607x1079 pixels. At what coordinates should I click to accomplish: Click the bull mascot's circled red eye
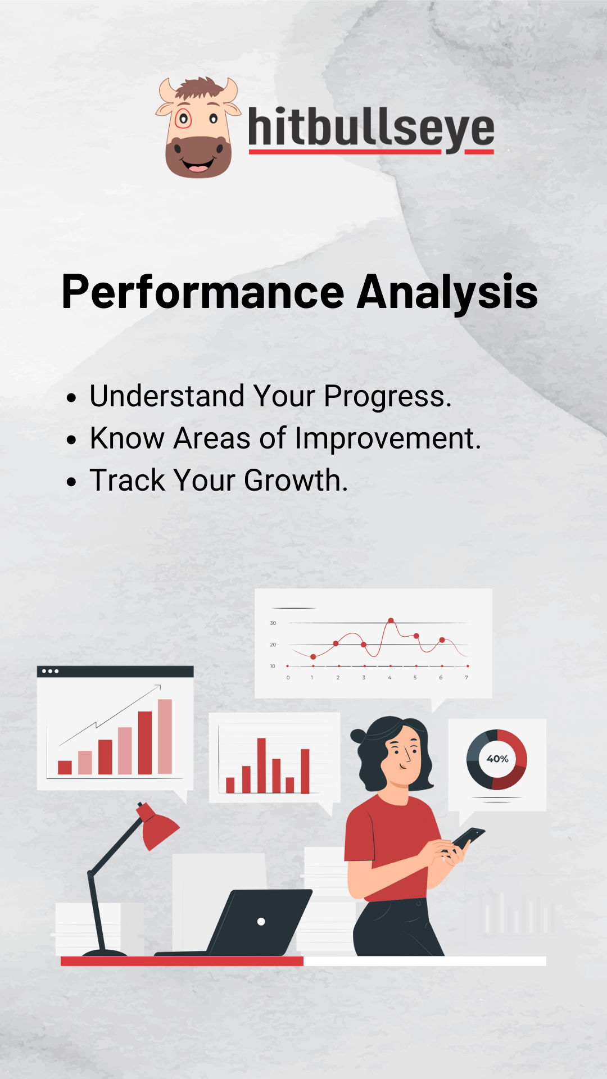pos(183,119)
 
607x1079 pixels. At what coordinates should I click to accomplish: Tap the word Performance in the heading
pos(203,293)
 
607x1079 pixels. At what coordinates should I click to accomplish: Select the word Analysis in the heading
pos(447,293)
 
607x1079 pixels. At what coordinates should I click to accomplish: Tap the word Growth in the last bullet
pos(296,480)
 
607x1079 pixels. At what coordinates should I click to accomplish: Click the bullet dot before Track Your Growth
pos(71,482)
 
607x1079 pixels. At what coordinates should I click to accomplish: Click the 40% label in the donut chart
pos(497,759)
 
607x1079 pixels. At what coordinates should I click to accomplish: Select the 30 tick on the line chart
pos(273,623)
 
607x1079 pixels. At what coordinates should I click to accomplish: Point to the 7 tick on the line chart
pos(466,678)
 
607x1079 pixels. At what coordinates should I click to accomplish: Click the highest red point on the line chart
pos(391,620)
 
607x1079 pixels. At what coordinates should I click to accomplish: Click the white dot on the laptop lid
pos(261,922)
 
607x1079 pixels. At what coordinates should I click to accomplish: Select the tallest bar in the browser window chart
pos(165,737)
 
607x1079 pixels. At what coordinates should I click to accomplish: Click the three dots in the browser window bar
pos(50,671)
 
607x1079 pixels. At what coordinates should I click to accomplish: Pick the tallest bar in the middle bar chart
pos(261,765)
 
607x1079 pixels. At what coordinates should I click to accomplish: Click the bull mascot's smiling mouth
pos(197,166)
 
